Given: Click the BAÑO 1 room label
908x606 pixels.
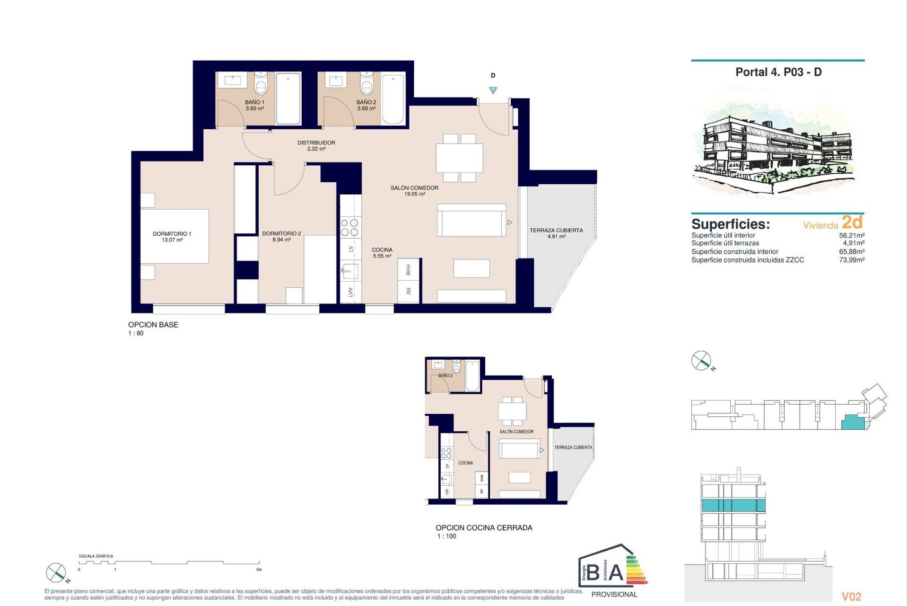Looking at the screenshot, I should (x=254, y=102).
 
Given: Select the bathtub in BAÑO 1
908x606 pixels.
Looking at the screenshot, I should (x=288, y=98).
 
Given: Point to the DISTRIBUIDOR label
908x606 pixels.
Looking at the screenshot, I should (x=316, y=143).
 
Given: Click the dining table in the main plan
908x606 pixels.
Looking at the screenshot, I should (x=459, y=158).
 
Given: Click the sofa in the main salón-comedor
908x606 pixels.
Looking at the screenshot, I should (x=471, y=220).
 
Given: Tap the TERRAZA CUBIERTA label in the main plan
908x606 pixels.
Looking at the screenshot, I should (x=556, y=231).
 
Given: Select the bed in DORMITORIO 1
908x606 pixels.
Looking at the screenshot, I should (x=175, y=236).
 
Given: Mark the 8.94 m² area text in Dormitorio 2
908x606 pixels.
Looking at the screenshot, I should (x=281, y=240).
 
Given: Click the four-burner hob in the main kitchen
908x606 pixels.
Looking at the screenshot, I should (x=350, y=227).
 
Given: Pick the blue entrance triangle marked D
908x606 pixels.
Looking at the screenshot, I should (x=493, y=90).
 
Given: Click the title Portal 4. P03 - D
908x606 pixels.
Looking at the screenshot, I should (x=778, y=72).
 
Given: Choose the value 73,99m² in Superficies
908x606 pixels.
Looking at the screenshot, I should (x=851, y=260).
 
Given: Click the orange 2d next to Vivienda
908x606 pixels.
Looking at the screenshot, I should (x=852, y=222).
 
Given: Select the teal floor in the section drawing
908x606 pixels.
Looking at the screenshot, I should (x=733, y=505).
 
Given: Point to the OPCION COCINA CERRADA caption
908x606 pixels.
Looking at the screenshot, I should (x=484, y=527).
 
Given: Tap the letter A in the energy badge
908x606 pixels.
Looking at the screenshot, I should (x=616, y=573).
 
